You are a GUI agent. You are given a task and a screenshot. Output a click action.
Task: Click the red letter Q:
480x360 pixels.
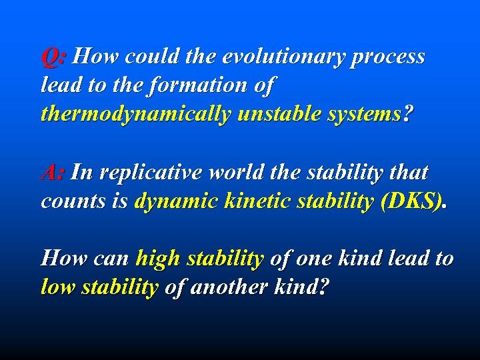coord(53,57)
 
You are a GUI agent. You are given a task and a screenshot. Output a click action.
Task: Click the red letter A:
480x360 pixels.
coord(53,173)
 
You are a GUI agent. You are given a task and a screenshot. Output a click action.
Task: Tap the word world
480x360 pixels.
coord(251,173)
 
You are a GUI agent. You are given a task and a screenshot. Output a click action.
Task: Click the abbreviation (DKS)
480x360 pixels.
coord(411,201)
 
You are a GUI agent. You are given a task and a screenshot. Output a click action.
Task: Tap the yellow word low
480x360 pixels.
coord(55,287)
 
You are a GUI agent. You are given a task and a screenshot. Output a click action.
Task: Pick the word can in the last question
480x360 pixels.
coord(111,259)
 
